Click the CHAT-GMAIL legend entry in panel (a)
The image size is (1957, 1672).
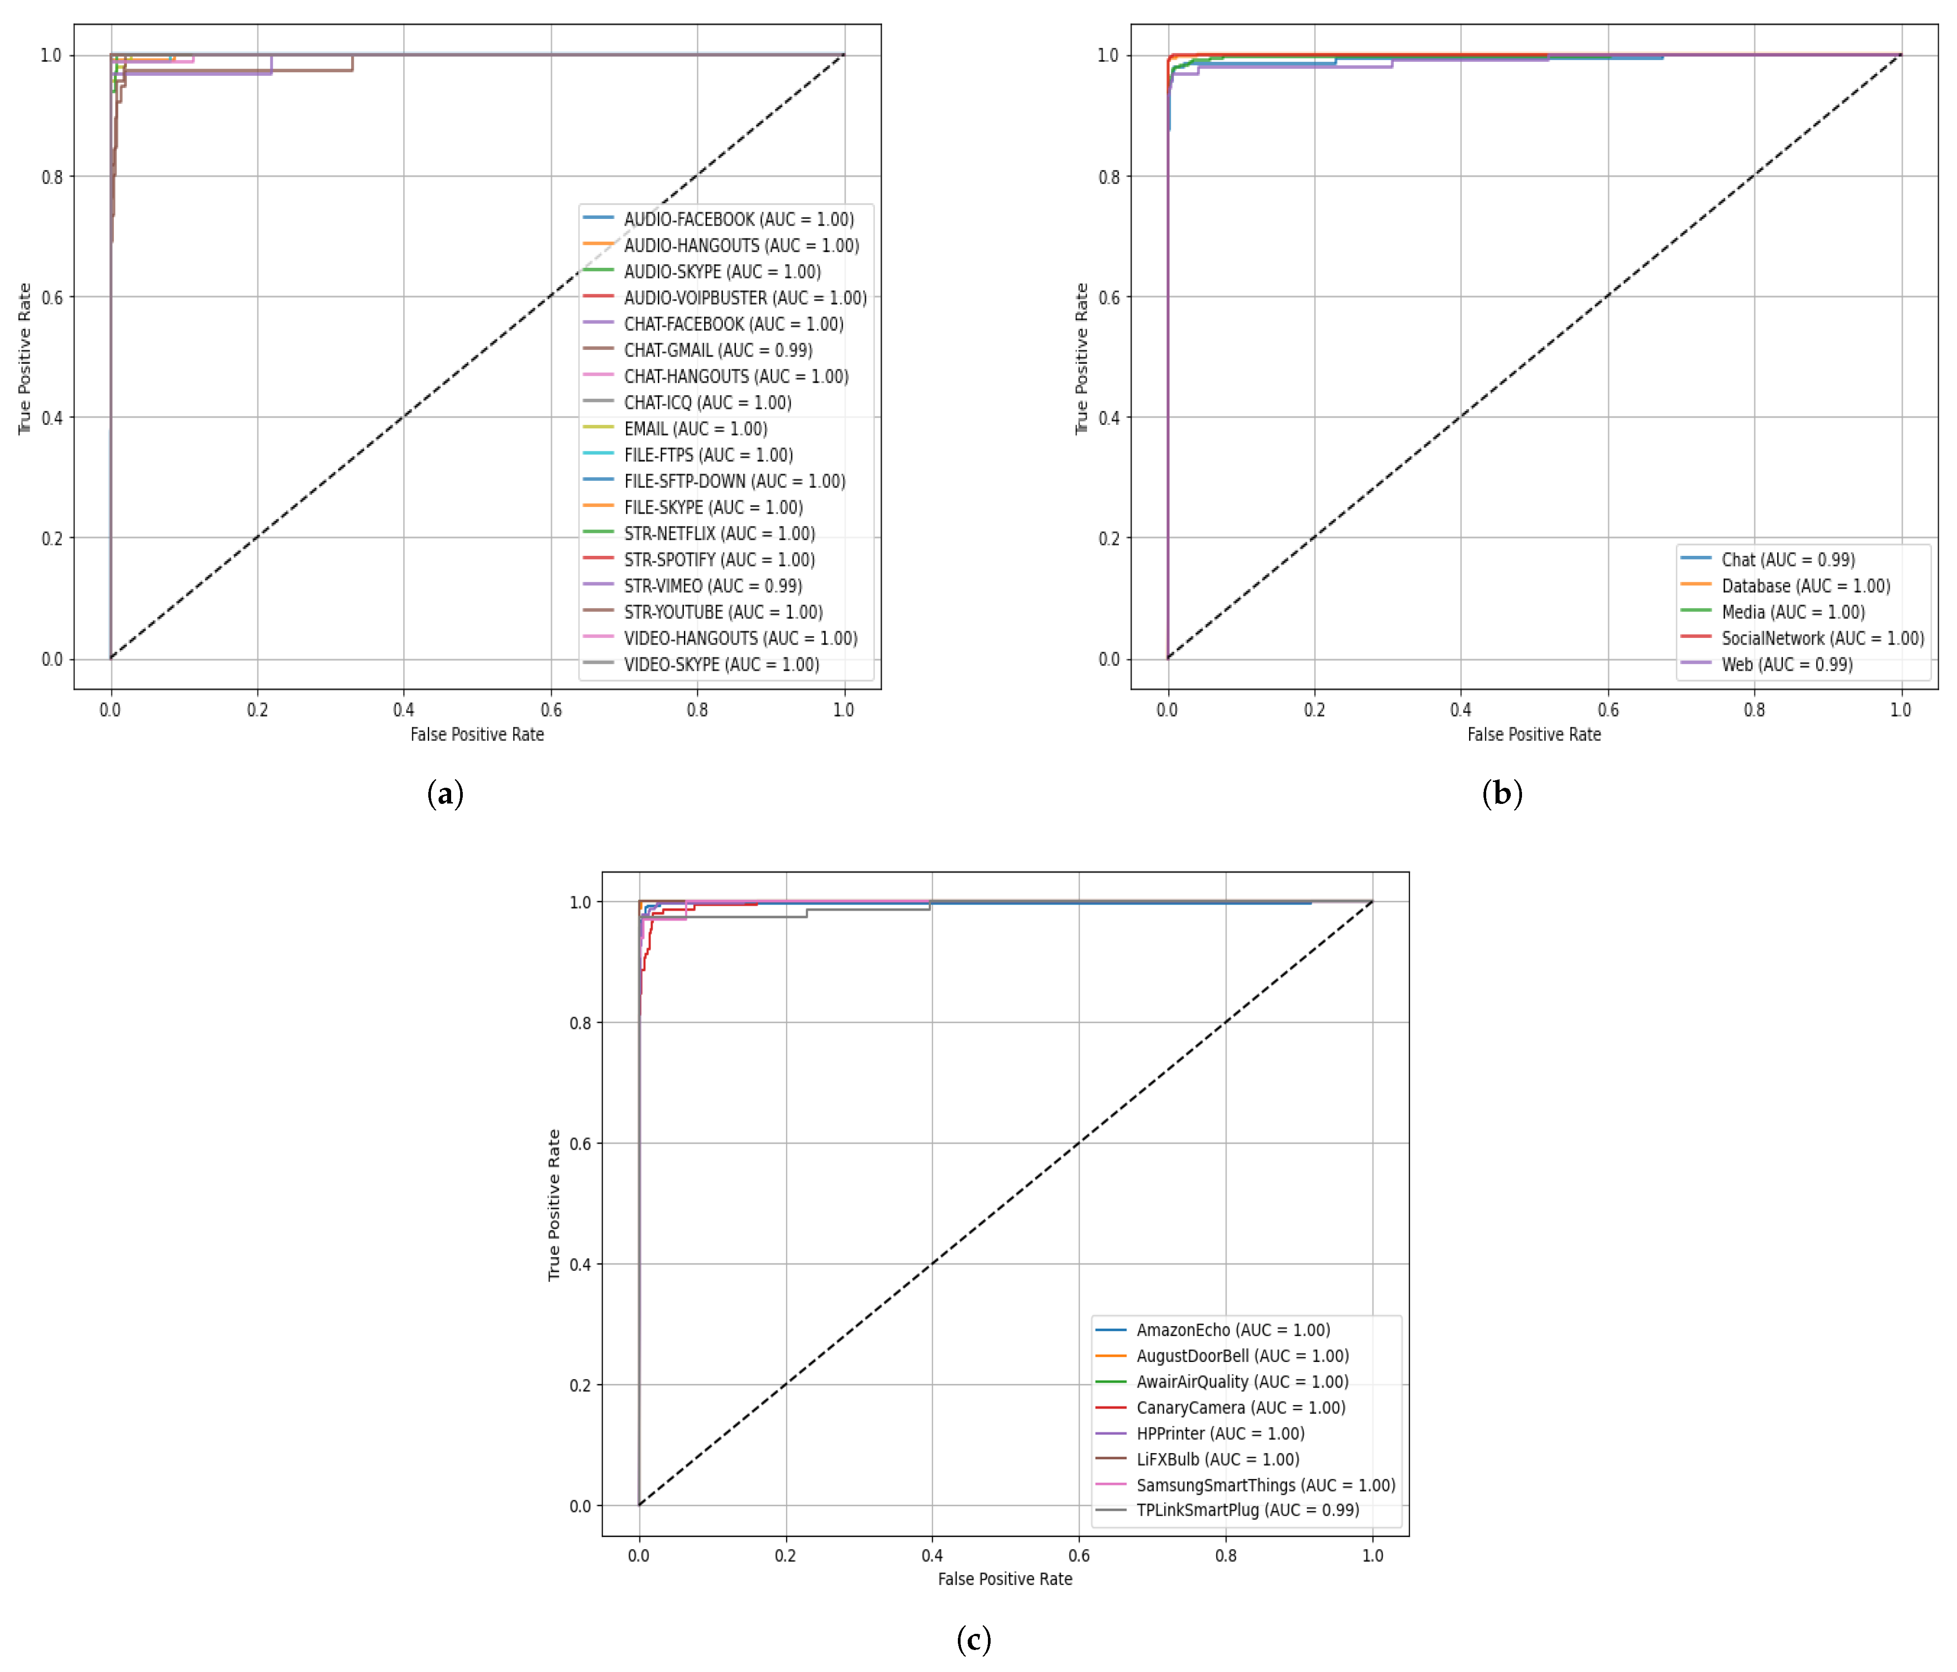(x=718, y=350)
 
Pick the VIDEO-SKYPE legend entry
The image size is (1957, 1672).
(x=721, y=664)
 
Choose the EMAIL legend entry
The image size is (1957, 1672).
(x=695, y=429)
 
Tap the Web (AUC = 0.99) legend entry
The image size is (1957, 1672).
(x=1786, y=664)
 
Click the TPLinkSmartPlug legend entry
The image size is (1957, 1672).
(x=1247, y=1510)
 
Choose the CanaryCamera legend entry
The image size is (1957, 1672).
(x=1240, y=1407)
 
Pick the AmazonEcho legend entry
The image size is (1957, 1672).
(x=1233, y=1330)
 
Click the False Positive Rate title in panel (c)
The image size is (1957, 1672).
(x=1005, y=1579)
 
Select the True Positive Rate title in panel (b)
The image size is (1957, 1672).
(x=1082, y=359)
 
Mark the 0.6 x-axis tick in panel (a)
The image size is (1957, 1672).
(x=551, y=709)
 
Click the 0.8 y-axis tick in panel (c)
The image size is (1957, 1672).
(x=580, y=1023)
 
